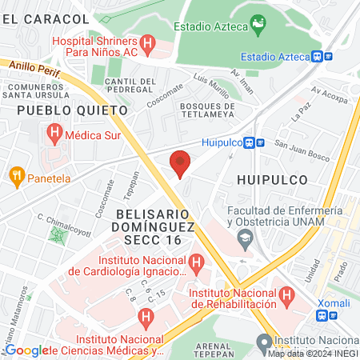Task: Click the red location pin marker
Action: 180,163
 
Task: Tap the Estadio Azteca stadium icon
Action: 258,26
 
